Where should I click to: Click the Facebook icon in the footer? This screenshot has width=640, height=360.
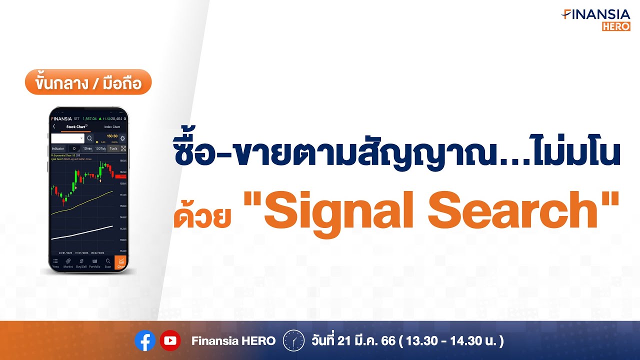(x=145, y=341)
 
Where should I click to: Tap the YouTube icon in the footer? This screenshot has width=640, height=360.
(x=170, y=341)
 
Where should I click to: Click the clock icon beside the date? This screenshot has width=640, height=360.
(x=293, y=341)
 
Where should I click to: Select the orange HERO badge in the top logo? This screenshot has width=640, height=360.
(x=616, y=26)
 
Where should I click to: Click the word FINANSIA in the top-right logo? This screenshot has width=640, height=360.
(x=596, y=14)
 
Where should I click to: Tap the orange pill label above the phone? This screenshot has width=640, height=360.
(x=88, y=82)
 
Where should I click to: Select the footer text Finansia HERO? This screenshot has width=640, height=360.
(x=233, y=341)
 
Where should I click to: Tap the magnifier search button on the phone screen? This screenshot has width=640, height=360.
(x=89, y=138)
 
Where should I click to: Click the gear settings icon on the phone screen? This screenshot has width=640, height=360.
(x=122, y=138)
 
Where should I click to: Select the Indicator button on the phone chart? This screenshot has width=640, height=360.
(x=58, y=148)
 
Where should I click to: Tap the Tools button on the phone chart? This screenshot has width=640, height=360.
(x=113, y=148)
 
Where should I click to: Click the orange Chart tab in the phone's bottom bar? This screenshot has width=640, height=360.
(x=120, y=263)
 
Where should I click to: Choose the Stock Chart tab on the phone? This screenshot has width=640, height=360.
(x=76, y=127)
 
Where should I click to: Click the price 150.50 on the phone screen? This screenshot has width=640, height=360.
(x=112, y=136)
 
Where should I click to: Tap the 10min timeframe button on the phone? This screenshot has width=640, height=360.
(x=87, y=148)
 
